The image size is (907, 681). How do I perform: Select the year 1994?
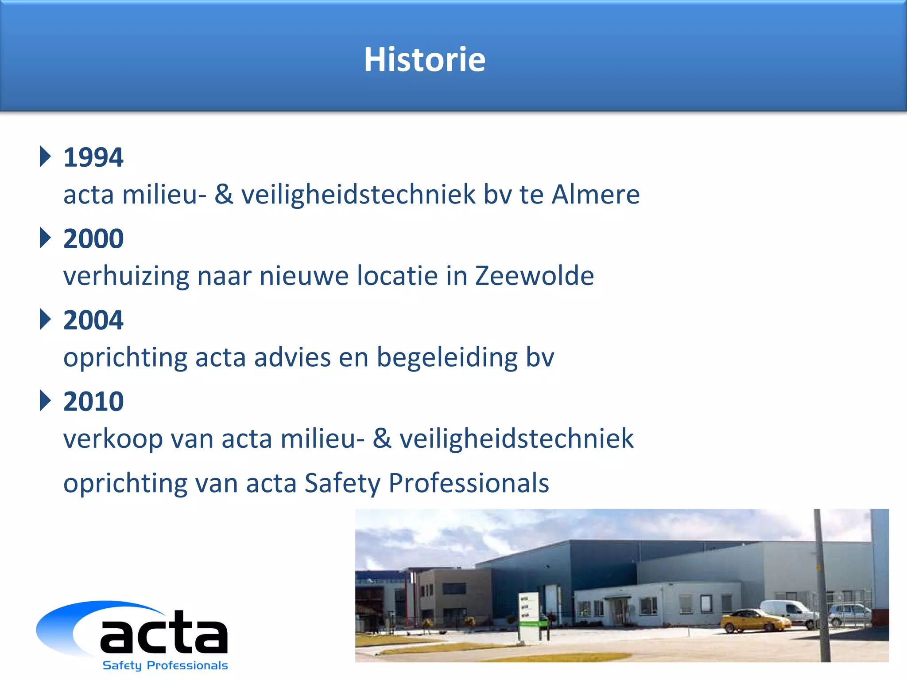pyautogui.click(x=93, y=157)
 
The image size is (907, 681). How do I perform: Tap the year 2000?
pyautogui.click(x=93, y=239)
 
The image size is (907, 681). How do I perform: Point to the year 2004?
pyautogui.click(x=93, y=320)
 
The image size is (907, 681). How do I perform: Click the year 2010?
pyautogui.click(x=93, y=401)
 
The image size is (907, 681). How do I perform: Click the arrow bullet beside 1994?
pyautogui.click(x=45, y=156)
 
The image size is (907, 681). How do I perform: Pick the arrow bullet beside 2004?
pyautogui.click(x=45, y=319)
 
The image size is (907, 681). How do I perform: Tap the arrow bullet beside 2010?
pyautogui.click(x=45, y=400)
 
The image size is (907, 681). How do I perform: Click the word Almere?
pyautogui.click(x=595, y=194)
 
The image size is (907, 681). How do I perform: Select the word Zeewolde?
pyautogui.click(x=534, y=276)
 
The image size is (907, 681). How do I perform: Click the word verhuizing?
pyautogui.click(x=126, y=276)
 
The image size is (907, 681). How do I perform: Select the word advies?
pyautogui.click(x=292, y=357)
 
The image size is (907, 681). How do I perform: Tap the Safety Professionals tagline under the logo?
pyautogui.click(x=165, y=665)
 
